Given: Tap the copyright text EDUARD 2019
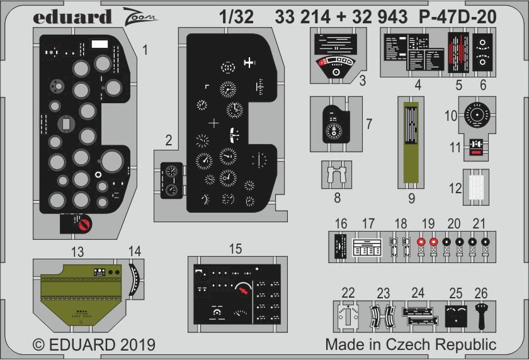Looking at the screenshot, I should tap(93, 345).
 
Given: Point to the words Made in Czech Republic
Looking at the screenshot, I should tap(411, 345).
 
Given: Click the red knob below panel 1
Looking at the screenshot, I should tap(82, 223).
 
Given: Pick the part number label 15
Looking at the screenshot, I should tap(235, 249).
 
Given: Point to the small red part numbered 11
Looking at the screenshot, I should tap(477, 150).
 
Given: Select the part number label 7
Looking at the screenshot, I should tap(370, 123).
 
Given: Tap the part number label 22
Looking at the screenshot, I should tap(348, 293).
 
